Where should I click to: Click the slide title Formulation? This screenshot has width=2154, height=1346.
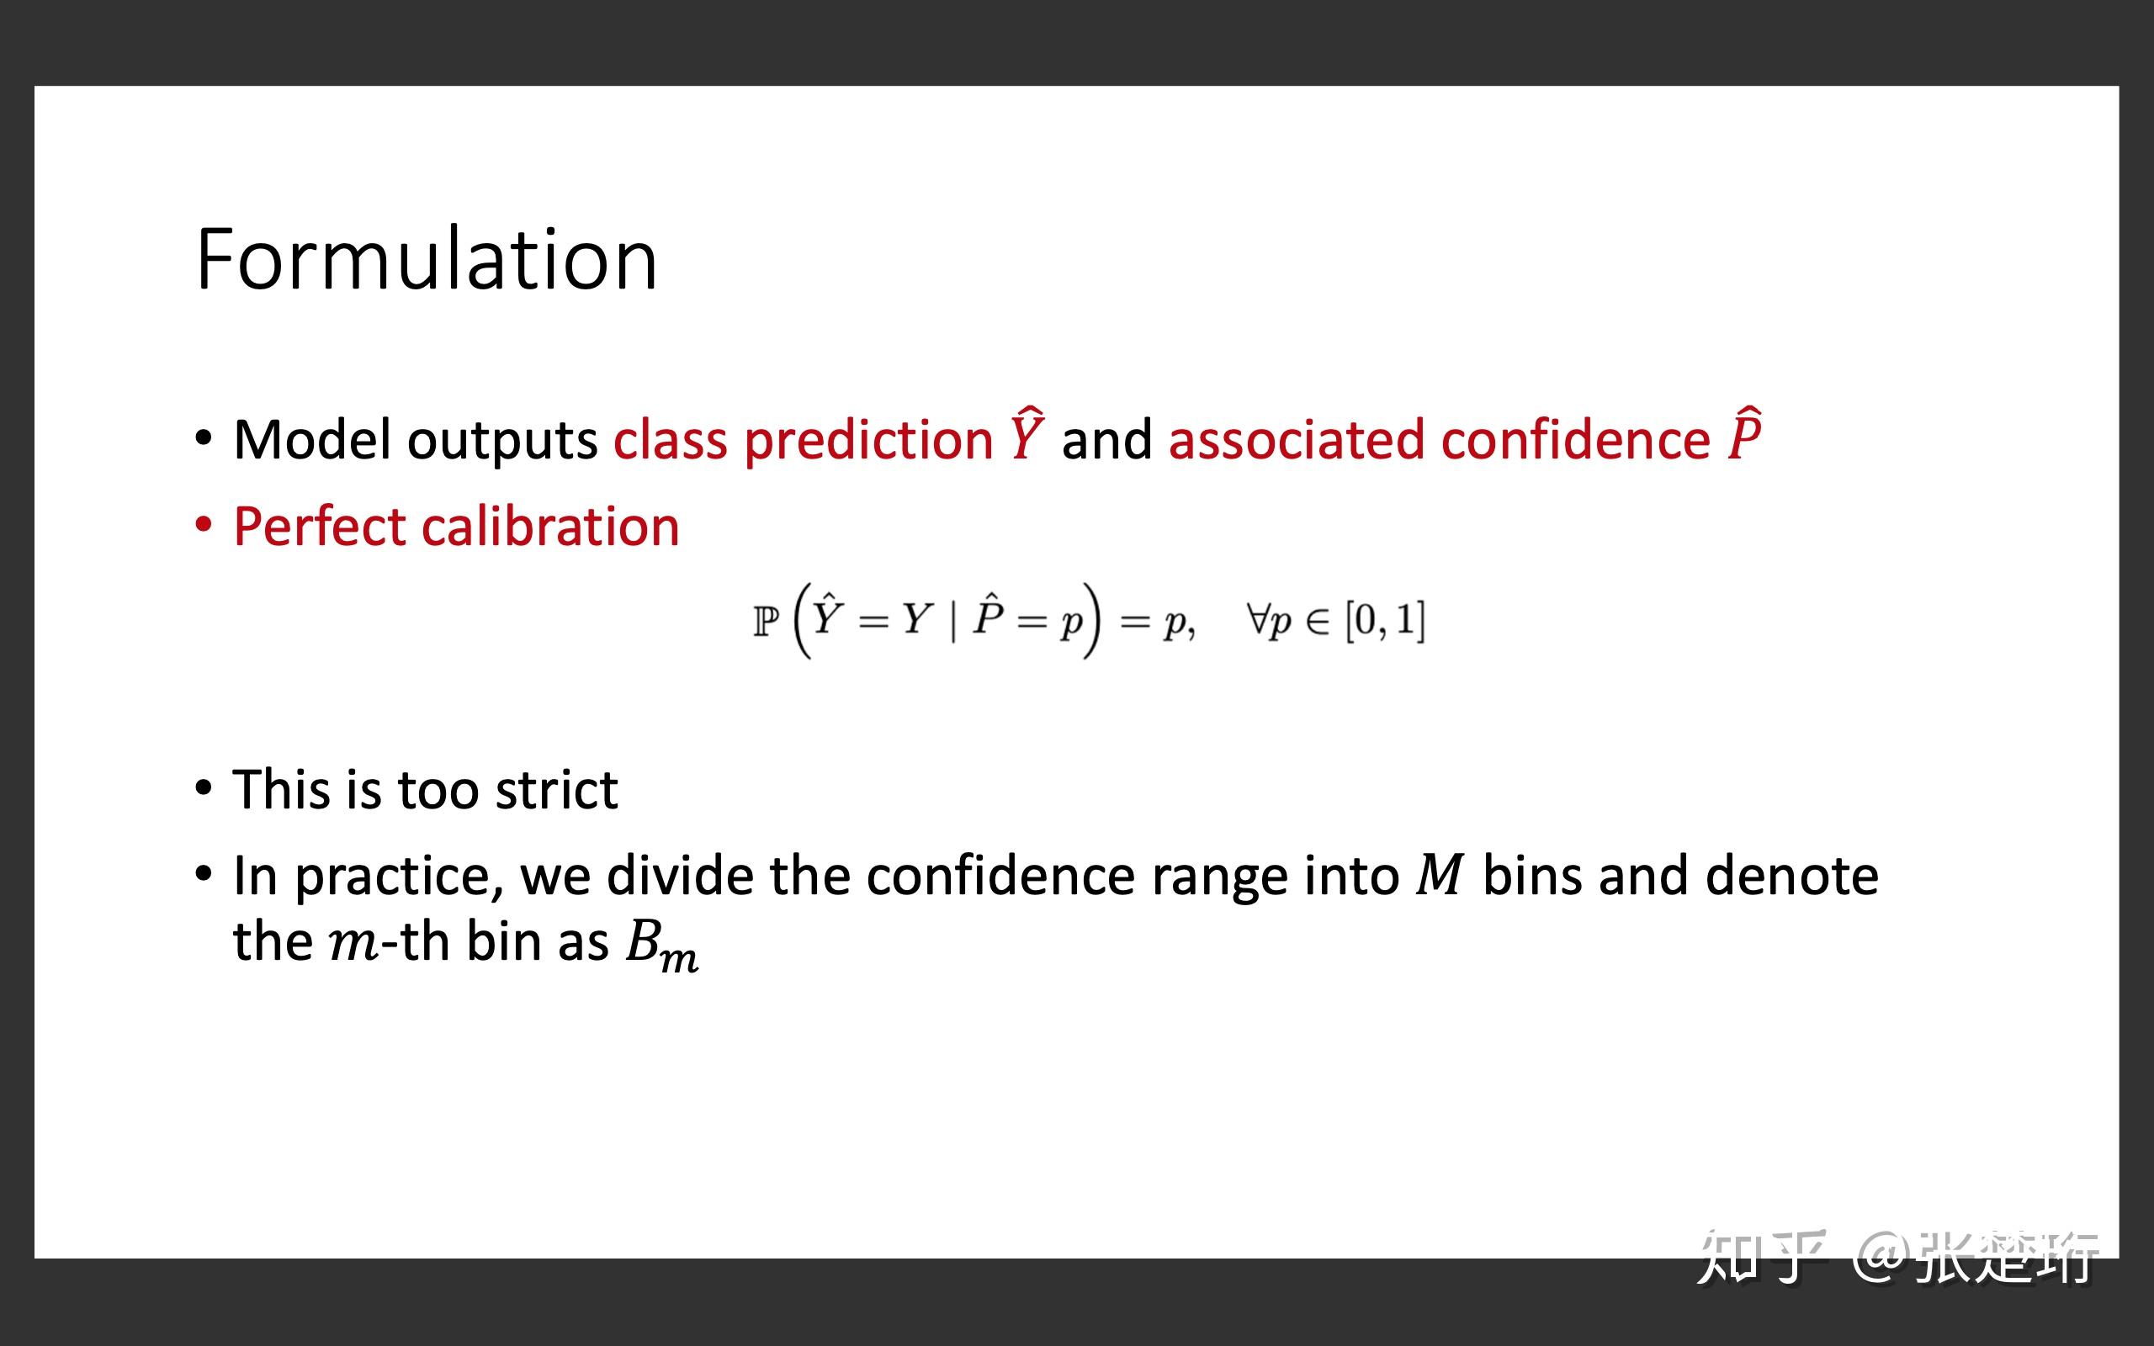pos(427,259)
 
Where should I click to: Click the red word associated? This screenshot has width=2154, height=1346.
pos(1296,440)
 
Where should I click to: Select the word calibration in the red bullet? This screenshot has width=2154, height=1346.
pos(550,526)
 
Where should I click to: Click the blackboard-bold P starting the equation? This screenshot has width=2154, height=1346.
pos(766,621)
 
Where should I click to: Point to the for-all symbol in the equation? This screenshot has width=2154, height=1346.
pos(1258,617)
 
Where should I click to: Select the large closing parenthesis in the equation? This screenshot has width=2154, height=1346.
pos(1091,620)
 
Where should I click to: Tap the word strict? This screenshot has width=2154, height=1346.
pos(556,790)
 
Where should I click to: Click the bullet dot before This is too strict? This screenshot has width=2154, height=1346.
pos(204,789)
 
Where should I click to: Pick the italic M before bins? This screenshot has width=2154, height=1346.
pos(1440,875)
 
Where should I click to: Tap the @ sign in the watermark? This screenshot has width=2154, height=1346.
pos(1879,1256)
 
